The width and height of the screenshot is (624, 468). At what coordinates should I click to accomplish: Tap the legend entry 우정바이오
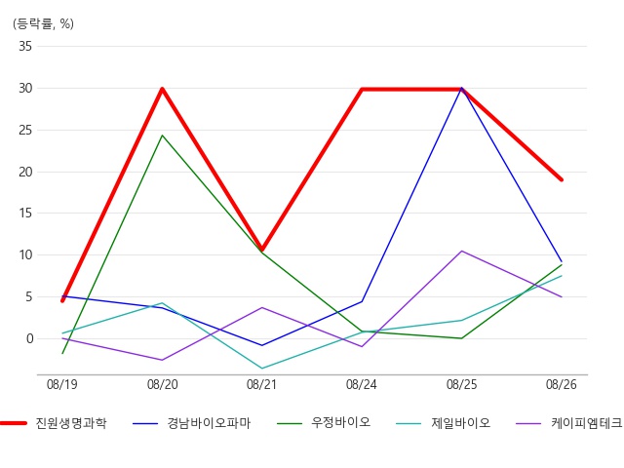tap(340, 423)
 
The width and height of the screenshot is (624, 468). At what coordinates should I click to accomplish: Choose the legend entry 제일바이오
tap(460, 423)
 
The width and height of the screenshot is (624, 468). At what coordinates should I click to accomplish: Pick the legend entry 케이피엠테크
tap(586, 423)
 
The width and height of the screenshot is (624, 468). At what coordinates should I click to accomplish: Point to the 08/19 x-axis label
tap(62, 385)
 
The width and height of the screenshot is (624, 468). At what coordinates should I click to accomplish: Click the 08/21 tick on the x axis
tap(262, 385)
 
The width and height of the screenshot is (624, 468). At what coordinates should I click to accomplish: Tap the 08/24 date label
tap(362, 385)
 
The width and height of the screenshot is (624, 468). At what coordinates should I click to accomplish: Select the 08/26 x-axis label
tap(562, 385)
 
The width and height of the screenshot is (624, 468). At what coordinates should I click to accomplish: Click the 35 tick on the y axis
tap(24, 47)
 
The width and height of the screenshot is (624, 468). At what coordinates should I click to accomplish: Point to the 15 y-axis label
tap(24, 214)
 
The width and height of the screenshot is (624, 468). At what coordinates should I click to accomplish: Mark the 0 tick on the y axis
tap(28, 338)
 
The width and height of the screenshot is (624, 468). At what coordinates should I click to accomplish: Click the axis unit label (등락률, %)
tap(43, 23)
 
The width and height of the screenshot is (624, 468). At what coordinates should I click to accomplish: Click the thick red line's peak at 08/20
tap(162, 89)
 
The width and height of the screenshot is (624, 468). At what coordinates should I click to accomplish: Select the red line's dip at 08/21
tap(262, 250)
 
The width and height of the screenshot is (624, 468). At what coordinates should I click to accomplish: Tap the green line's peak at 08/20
tap(162, 136)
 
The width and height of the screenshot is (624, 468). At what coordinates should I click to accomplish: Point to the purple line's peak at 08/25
tap(462, 251)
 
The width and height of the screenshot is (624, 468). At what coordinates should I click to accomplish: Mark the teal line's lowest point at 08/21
tap(262, 369)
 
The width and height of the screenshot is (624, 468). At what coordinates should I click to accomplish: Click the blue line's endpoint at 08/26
tap(562, 261)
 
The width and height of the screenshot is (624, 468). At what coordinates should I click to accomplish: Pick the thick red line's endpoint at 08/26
tap(562, 179)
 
